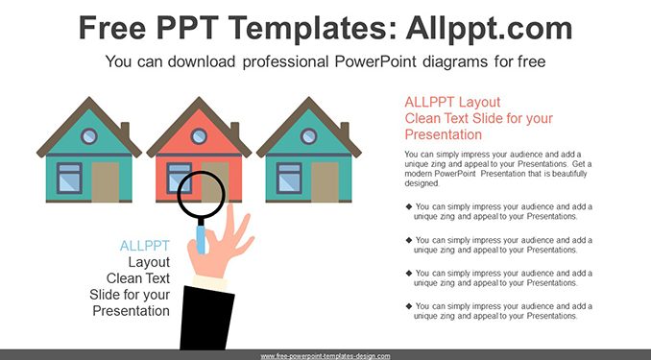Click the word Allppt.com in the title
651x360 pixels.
489,28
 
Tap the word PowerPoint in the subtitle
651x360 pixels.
375,61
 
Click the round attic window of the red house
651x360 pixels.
199,135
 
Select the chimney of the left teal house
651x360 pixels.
125,130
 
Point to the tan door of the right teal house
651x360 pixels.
325,181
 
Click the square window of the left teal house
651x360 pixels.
69,179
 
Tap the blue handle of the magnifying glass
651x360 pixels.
201,239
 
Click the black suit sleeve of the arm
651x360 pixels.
206,318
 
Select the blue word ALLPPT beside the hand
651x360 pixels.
144,246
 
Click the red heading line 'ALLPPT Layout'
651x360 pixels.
452,102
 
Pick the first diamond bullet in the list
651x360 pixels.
409,206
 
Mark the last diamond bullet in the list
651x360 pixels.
409,306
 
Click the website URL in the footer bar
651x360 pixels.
325,356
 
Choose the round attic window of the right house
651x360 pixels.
308,135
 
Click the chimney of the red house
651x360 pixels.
235,130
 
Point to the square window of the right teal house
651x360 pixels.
289,179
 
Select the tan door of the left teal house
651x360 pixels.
105,181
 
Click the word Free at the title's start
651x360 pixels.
112,28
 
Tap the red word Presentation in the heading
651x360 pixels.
444,134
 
